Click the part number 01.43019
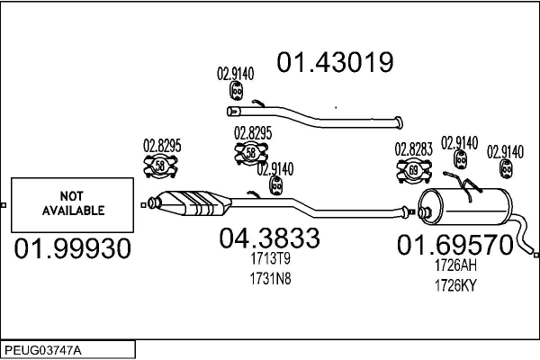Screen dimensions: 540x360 coord(335,62)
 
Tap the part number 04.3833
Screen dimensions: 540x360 coord(269,238)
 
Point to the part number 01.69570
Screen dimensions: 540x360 coord(455,244)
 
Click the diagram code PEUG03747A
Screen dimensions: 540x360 coord(42,348)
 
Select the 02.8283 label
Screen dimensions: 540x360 coord(413,149)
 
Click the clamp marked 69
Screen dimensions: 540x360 coord(414,169)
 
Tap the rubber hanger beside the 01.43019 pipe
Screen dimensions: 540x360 coord(238,92)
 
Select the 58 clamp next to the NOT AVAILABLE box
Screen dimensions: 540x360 coord(161,166)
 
